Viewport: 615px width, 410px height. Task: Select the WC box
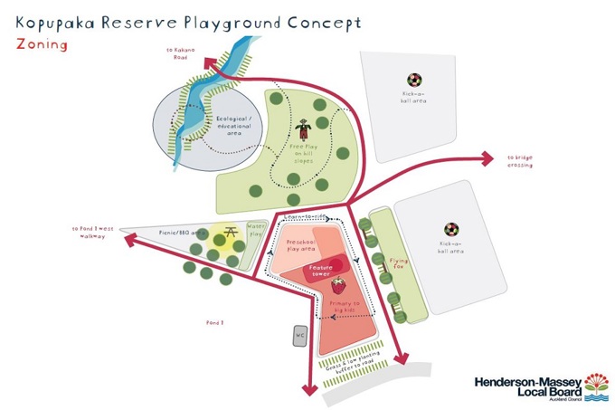[x=300, y=336]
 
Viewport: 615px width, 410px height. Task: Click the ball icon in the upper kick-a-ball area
[x=413, y=80]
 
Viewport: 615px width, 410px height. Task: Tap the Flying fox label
[x=399, y=263]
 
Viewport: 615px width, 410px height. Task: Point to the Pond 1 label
[x=215, y=321]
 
